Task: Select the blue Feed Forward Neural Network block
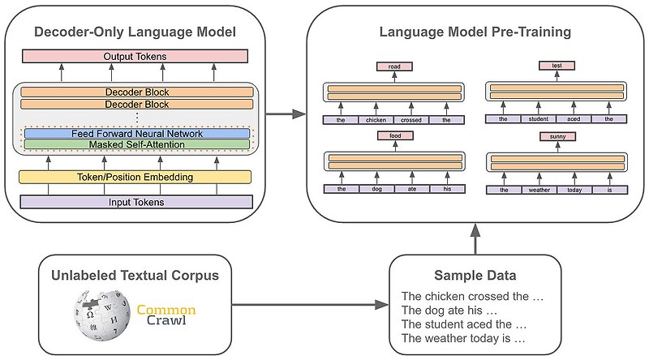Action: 137,133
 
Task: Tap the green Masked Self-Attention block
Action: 137,144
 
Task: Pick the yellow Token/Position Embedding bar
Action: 135,177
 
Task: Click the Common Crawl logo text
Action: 166,315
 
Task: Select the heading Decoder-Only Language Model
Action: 135,32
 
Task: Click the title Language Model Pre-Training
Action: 475,32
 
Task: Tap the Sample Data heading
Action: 475,276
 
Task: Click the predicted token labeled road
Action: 393,66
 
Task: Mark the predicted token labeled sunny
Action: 557,137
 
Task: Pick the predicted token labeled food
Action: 393,137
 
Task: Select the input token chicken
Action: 376,119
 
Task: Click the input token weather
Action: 539,190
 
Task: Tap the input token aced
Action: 574,119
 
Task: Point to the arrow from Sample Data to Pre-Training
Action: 475,239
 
